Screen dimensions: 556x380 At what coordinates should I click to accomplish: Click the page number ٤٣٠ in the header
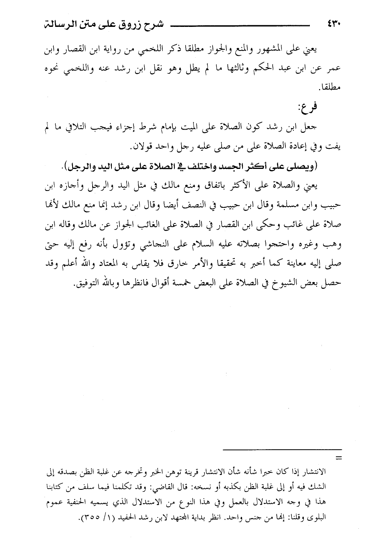pyautogui.click(x=332, y=24)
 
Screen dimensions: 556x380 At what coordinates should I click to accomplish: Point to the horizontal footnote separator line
pyautogui.click(x=282, y=450)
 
